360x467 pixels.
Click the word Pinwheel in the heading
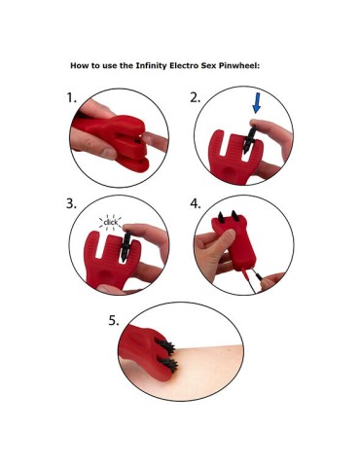click(239, 66)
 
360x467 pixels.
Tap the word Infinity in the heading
click(150, 66)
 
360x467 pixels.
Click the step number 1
click(71, 97)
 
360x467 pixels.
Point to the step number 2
click(195, 97)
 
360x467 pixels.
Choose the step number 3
click(71, 203)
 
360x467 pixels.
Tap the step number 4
click(196, 203)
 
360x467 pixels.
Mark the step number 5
click(114, 321)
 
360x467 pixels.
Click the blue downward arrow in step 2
click(257, 103)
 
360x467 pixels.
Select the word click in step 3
click(111, 223)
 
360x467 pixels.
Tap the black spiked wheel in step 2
click(249, 140)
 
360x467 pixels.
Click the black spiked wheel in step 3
click(126, 246)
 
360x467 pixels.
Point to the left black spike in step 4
click(221, 217)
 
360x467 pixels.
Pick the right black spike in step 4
click(234, 216)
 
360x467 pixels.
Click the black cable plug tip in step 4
click(258, 276)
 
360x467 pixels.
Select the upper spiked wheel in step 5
click(165, 347)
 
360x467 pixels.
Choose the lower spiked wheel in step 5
click(168, 366)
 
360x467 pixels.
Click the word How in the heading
click(79, 66)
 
